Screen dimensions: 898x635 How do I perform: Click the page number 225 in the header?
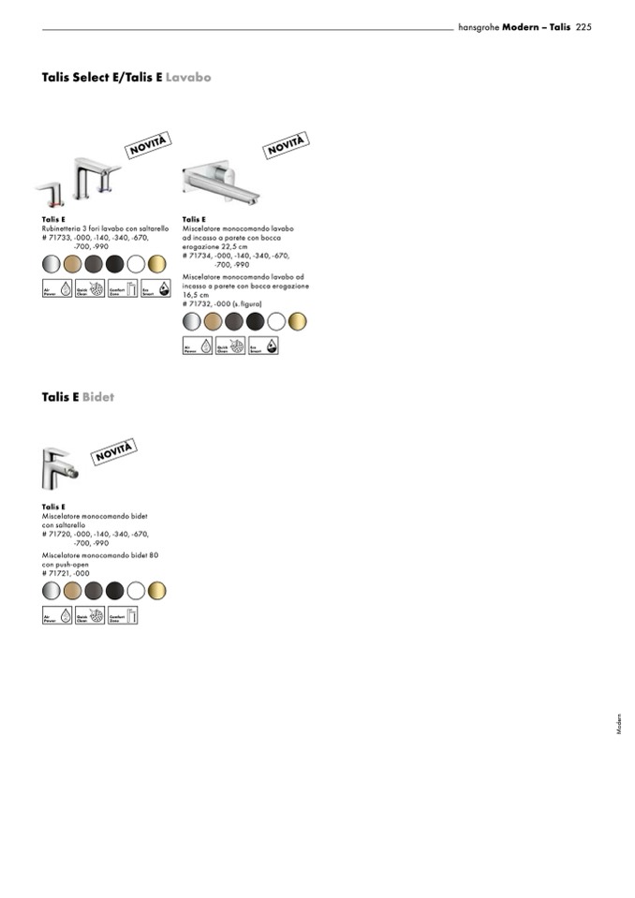[x=583, y=27]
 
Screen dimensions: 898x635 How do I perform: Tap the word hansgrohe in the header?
[x=479, y=27]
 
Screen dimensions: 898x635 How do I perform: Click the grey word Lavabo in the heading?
[x=188, y=77]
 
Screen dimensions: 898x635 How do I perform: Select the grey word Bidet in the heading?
[x=98, y=397]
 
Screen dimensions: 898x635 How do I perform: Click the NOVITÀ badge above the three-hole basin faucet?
[x=147, y=147]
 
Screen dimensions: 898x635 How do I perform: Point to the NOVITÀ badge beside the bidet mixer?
[x=114, y=450]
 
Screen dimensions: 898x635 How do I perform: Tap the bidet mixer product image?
[x=58, y=467]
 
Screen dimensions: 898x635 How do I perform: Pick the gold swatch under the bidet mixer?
[x=156, y=590]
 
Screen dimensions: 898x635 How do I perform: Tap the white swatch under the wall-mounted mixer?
[x=275, y=322]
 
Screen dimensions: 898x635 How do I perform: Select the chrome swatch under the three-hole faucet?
[x=51, y=263]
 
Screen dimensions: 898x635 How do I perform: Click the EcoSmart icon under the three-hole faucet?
[x=155, y=289]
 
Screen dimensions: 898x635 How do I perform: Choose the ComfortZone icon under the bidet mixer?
[x=123, y=615]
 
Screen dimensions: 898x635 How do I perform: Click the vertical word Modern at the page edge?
[x=619, y=725]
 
